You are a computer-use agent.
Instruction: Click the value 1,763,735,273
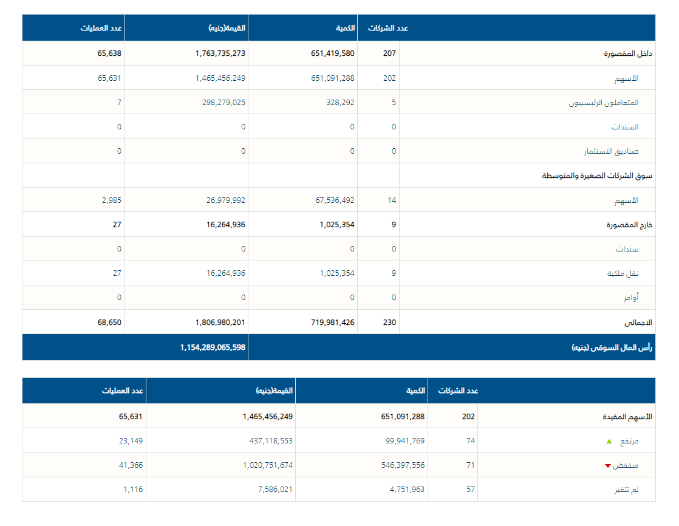pos(220,53)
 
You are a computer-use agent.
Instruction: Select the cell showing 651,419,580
pos(332,53)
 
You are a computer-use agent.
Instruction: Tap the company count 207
pos(389,53)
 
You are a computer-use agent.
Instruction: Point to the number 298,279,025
pos(224,103)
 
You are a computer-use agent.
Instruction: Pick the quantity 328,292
pos(340,103)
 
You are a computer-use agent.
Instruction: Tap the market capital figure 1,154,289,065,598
pos(213,347)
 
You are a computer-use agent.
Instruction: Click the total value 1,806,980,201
pos(220,323)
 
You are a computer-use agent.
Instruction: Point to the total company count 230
pos(389,323)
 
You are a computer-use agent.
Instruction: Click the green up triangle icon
pos(609,442)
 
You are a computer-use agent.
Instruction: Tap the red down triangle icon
pos(607,466)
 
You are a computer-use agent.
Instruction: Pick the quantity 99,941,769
pos(405,441)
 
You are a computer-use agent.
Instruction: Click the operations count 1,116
pos(133,490)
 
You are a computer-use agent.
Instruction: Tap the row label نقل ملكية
pos(623,273)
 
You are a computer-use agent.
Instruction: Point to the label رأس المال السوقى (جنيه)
pos(612,348)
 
